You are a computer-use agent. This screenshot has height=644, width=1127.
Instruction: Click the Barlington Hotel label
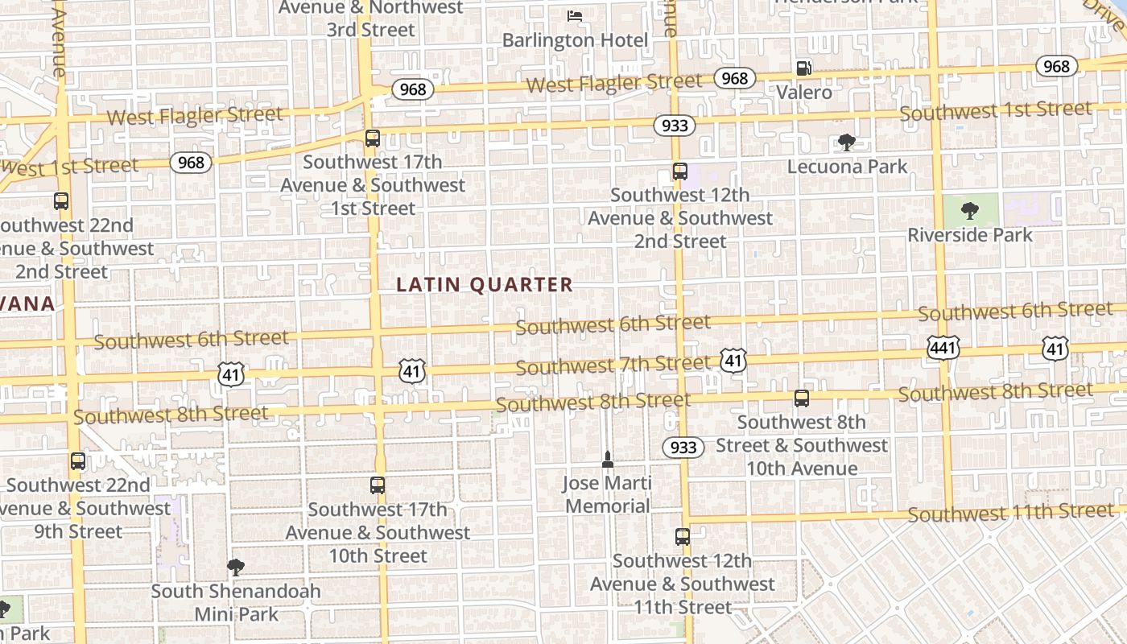tap(575, 39)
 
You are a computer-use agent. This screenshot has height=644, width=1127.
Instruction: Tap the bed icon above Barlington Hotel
tap(574, 15)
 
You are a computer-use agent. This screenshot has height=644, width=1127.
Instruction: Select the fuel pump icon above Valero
tap(803, 68)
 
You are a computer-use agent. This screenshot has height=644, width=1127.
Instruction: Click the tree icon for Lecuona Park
tap(846, 142)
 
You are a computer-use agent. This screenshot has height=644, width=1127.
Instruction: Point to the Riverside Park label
tap(969, 235)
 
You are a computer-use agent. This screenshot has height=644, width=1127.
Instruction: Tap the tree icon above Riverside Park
tap(970, 211)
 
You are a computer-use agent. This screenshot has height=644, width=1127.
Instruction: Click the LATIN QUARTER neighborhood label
tap(485, 284)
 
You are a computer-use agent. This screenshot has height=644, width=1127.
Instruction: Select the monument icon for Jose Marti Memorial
tap(608, 460)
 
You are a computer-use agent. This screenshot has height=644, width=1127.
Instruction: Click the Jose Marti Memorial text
tap(607, 494)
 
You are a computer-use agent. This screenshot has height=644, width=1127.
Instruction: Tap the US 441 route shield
tap(942, 348)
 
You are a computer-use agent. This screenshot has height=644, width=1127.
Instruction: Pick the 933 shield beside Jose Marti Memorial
tap(683, 447)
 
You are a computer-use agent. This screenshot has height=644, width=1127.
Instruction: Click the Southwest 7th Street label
tap(613, 365)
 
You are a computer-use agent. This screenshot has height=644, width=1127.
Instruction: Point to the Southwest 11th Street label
tap(1010, 512)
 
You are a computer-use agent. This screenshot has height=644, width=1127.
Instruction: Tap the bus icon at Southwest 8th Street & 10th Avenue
tap(801, 398)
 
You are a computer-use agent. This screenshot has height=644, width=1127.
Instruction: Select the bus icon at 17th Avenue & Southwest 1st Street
tap(372, 138)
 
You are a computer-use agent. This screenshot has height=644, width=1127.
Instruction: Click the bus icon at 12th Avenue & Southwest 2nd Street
tap(680, 171)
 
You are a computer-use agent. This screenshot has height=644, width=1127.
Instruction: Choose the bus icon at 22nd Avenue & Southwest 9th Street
tap(78, 461)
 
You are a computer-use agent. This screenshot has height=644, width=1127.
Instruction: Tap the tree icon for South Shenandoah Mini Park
tap(235, 568)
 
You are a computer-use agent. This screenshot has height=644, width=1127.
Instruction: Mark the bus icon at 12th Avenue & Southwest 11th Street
tap(683, 537)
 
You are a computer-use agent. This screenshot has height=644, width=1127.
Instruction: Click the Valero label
tap(804, 93)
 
